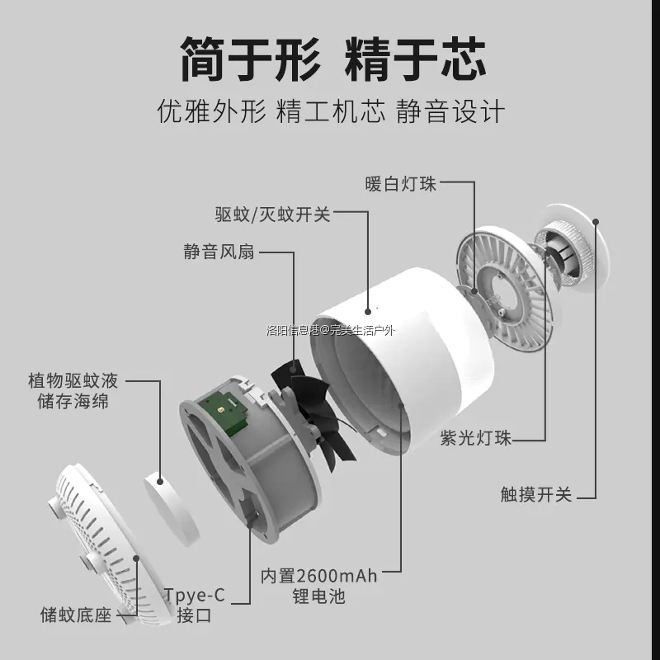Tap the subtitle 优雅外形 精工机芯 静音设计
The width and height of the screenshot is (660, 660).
(x=330, y=111)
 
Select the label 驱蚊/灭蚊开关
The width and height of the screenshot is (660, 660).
(x=272, y=215)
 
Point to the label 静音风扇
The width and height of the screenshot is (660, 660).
(x=219, y=252)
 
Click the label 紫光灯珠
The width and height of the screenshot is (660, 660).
(x=475, y=438)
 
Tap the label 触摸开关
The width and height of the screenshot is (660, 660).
(x=535, y=494)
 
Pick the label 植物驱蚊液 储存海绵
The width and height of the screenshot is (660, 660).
(x=73, y=391)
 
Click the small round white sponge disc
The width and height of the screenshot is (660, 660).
(x=174, y=502)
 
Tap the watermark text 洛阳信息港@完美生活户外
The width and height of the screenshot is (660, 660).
(x=330, y=330)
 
